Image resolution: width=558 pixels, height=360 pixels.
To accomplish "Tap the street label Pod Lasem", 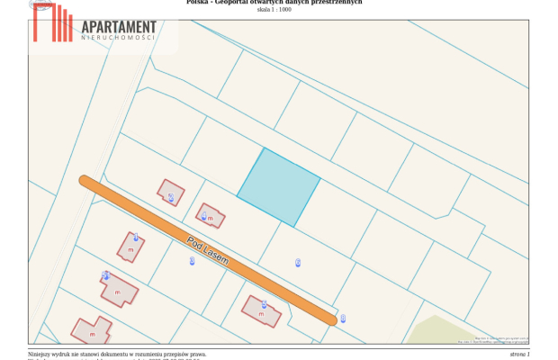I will point(208,249).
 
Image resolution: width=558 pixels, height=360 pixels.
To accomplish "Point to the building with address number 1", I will point(130,246).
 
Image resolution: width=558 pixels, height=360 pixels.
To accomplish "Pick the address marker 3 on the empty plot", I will point(192,261).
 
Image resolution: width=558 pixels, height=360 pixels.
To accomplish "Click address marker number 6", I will point(298,262).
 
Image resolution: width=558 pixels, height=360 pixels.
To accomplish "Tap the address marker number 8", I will point(343,318).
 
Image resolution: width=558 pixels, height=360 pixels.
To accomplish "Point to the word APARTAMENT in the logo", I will point(118,29).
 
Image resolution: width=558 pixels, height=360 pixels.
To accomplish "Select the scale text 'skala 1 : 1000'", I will point(274,10).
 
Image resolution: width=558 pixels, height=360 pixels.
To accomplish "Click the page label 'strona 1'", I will point(519,355).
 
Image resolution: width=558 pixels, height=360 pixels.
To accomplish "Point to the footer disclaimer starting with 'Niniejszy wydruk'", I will point(117,355).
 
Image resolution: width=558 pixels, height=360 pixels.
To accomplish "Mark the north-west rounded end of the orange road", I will point(85,181).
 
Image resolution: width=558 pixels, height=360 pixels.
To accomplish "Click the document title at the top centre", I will point(274,3).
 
